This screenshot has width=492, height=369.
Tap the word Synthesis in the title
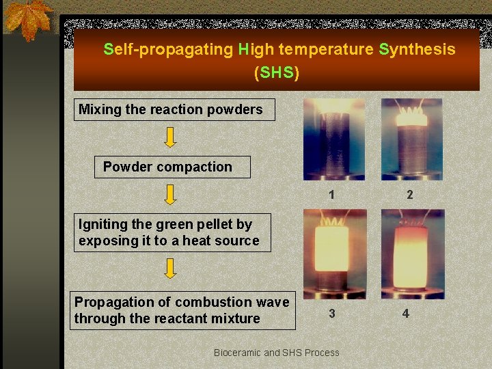pos(417,49)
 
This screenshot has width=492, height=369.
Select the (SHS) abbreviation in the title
pos(276,72)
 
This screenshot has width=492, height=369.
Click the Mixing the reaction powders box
pos(174,109)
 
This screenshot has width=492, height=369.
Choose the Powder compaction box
pos(172,167)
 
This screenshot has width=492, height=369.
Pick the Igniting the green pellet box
pos(172,232)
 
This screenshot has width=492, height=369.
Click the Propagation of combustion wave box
pos(182,310)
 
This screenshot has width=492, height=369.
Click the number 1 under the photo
pos(331,195)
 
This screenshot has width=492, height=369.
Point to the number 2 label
pos(409,195)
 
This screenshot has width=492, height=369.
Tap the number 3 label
pos(331,314)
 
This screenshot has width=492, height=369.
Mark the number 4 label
pos(406,314)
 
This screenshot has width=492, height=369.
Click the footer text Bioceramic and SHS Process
pos(276,353)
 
